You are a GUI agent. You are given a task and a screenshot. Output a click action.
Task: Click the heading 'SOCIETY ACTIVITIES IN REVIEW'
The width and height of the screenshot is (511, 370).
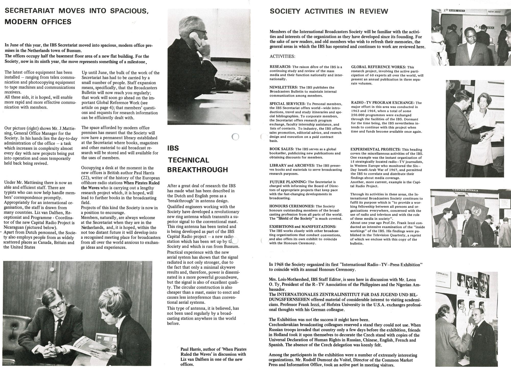tap(329, 11)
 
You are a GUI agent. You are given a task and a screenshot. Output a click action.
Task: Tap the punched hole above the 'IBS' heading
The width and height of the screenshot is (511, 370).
tap(235, 137)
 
